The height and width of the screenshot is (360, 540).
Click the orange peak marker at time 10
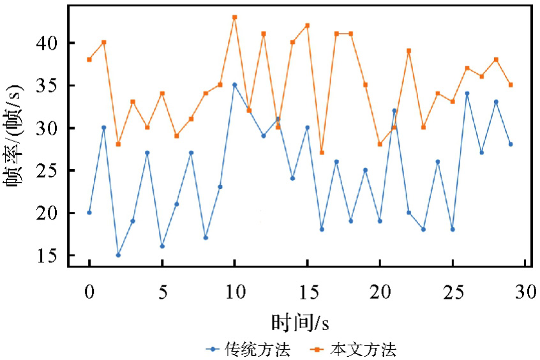(x=234, y=17)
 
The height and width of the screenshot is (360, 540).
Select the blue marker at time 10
(x=234, y=84)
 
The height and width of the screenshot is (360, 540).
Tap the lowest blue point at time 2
(x=118, y=255)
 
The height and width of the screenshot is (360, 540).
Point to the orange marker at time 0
(x=89, y=59)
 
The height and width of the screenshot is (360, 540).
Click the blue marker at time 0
(x=89, y=213)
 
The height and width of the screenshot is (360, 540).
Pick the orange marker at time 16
(x=322, y=153)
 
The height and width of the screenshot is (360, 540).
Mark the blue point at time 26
(x=467, y=93)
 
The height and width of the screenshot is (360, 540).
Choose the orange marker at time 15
(x=307, y=26)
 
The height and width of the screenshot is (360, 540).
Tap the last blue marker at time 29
(x=511, y=144)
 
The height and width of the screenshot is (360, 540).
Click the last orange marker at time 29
(x=511, y=85)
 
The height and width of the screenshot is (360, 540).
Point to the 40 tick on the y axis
(x=50, y=43)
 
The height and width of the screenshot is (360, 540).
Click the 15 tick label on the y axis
(x=50, y=255)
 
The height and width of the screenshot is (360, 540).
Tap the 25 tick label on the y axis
(x=50, y=170)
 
